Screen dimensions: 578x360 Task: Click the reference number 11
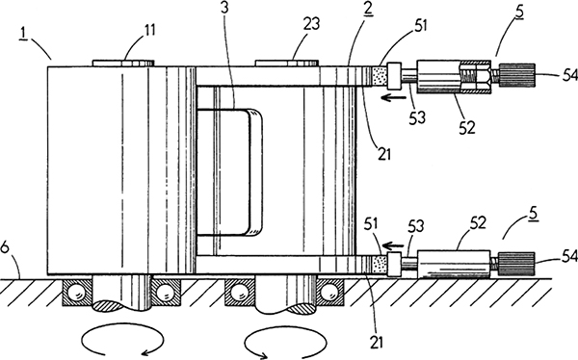(149, 30)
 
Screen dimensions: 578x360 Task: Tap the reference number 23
(311, 24)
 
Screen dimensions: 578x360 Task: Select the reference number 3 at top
(225, 9)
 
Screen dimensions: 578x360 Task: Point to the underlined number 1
(24, 33)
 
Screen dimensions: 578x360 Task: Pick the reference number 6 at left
(5, 247)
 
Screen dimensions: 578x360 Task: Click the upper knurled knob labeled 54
(516, 75)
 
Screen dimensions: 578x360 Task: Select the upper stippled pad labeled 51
(379, 76)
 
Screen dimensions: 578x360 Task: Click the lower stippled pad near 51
(379, 265)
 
